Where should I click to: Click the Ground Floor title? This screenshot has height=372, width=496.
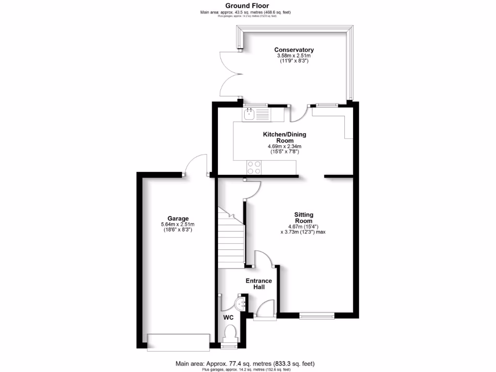(248, 6)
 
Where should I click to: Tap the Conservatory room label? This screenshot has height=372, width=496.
(294, 50)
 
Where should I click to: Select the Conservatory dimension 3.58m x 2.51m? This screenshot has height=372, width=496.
(294, 56)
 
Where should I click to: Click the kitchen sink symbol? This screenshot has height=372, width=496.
(250, 115)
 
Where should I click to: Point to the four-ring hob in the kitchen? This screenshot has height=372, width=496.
(254, 167)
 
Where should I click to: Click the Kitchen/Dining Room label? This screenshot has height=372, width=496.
(284, 137)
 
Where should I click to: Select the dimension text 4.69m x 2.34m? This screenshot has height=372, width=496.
(284, 146)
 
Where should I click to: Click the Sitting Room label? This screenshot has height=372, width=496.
(304, 217)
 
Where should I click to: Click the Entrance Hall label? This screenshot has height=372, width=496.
(259, 284)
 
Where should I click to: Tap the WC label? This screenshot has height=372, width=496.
(228, 318)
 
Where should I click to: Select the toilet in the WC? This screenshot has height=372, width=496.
(231, 333)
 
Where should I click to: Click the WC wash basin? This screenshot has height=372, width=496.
(241, 303)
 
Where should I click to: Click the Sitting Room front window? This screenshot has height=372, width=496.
(317, 317)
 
